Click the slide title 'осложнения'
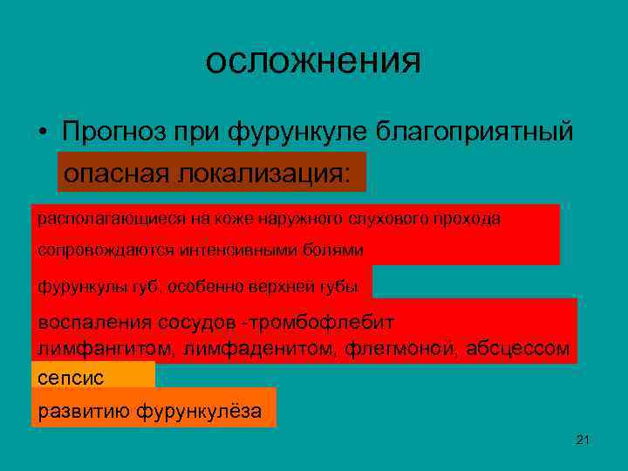[x=313, y=61]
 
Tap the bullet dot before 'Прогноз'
[x=42, y=133]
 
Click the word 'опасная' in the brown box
[x=117, y=173]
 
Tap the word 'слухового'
[x=391, y=219]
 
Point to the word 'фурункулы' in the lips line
[x=70, y=285]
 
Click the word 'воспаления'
[x=94, y=322]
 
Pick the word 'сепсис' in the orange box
[x=71, y=379]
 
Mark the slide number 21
[x=584, y=440]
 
